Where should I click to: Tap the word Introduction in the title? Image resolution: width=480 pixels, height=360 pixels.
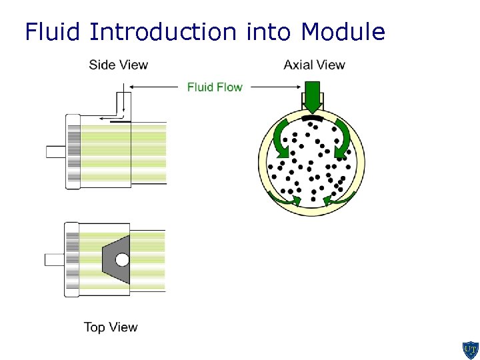162,31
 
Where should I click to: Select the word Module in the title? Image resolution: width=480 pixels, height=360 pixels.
343,31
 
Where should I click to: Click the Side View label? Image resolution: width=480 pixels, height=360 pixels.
119,65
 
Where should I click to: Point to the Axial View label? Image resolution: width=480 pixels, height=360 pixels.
314,65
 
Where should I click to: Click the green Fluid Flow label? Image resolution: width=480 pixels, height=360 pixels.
215,87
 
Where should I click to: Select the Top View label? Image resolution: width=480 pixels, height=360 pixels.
111,327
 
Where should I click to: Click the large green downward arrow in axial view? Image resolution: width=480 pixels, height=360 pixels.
312,95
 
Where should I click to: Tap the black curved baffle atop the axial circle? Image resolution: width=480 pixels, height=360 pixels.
312,117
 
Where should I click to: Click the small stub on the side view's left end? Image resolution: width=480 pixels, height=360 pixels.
55,151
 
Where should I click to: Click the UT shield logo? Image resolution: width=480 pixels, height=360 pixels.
470,349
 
